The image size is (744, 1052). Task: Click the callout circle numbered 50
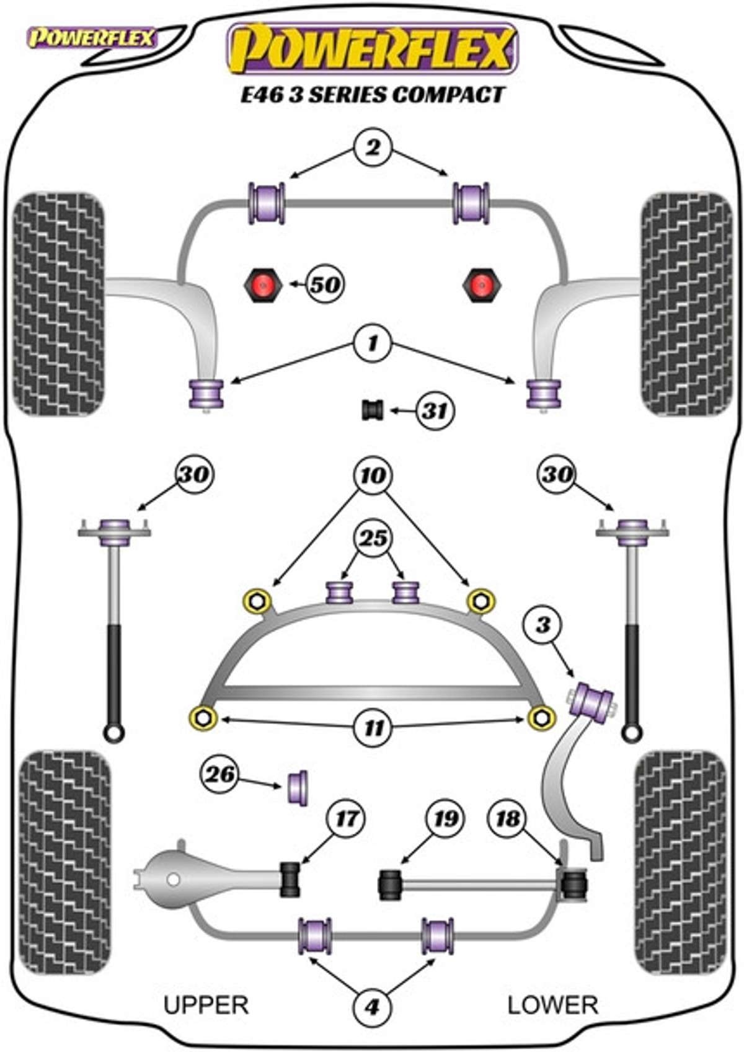tap(325, 285)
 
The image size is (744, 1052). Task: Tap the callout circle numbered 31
tap(435, 410)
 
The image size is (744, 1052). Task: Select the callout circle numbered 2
tap(373, 148)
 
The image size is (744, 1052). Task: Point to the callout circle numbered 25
tap(373, 538)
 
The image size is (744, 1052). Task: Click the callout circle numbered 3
tap(542, 624)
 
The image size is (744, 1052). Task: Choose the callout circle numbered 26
tap(220, 774)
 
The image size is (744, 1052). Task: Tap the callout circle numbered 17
tap(346, 818)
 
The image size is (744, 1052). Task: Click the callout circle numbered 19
tap(445, 819)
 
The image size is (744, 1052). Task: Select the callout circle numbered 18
tap(508, 819)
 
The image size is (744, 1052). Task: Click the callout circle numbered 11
tap(373, 727)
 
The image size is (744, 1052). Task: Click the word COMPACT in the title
tap(448, 95)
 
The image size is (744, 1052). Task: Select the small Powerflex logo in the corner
tap(92, 38)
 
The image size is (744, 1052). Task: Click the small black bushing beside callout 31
tap(373, 410)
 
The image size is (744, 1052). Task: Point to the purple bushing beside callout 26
tap(299, 787)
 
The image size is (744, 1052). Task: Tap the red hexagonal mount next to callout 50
tap(262, 285)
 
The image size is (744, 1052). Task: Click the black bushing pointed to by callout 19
tap(389, 885)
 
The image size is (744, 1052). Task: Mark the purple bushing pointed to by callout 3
tap(593, 702)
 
